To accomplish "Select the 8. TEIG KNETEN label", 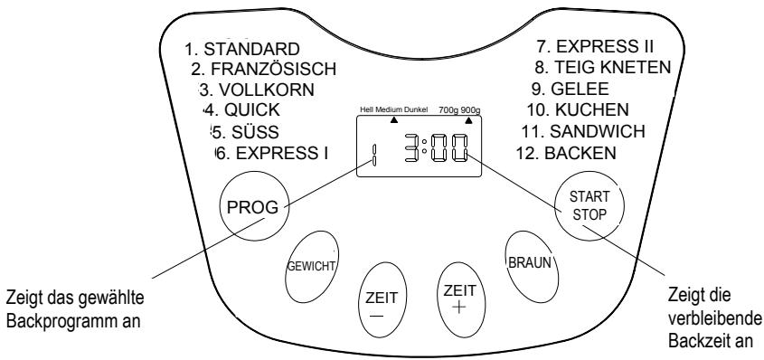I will [x=601, y=69].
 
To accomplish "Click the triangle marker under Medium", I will [x=393, y=118].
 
